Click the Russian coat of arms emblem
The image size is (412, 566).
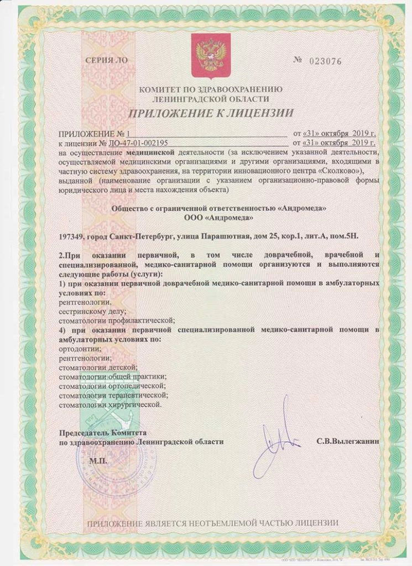210,56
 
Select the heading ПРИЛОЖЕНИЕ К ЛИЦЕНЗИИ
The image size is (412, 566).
211,114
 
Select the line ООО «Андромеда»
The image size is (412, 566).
218,218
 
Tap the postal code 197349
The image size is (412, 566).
72,236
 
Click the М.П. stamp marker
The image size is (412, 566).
99,460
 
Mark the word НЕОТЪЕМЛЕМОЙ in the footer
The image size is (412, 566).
218,523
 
